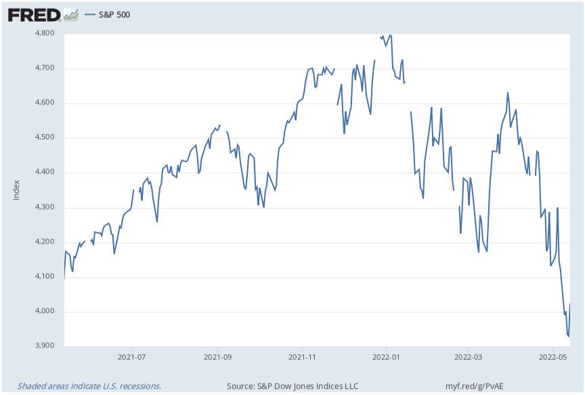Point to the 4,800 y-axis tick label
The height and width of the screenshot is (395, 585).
tap(45, 33)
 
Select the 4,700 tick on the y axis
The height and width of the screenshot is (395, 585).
tap(45, 68)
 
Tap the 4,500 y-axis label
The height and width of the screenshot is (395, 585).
tap(45, 138)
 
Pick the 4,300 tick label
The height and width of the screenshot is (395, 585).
tap(45, 208)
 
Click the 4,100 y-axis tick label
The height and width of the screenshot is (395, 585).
tap(45, 277)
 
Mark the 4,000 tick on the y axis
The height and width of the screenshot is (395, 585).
tap(45, 312)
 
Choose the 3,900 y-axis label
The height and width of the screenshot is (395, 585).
tap(45, 346)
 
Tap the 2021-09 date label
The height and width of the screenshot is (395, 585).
tap(218, 356)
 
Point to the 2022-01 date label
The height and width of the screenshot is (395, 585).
tap(385, 356)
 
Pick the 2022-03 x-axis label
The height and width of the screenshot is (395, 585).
tap(469, 356)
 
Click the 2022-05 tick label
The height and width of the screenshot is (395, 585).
tap(552, 356)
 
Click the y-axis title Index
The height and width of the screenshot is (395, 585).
tap(16, 190)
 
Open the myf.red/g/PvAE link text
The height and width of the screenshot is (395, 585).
tap(476, 386)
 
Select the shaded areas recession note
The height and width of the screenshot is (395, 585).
tap(89, 386)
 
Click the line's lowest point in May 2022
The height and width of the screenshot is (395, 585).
tap(569, 336)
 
